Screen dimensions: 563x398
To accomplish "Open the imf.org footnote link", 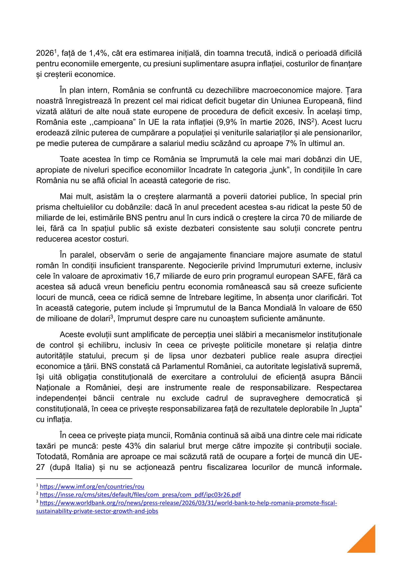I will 92,487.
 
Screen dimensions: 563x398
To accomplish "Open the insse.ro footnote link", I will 140,495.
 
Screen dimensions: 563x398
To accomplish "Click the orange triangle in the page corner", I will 366,542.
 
